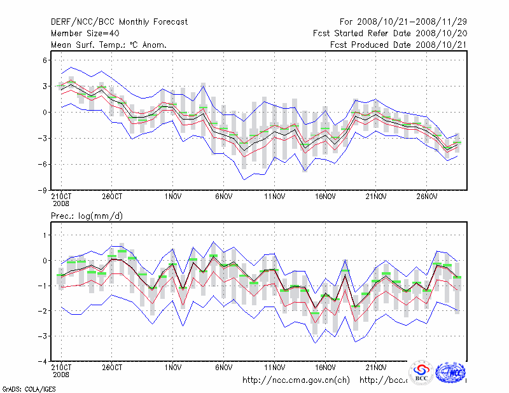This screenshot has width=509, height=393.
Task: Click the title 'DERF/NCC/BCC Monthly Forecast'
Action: [x=119, y=22]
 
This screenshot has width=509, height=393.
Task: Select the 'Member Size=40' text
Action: [x=85, y=33]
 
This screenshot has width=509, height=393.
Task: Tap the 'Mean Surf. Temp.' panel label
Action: [x=109, y=45]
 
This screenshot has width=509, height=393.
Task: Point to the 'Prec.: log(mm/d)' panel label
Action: [x=87, y=216]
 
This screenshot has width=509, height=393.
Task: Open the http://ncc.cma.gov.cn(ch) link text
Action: [x=296, y=380]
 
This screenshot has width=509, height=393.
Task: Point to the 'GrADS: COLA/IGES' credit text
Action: [x=22, y=388]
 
